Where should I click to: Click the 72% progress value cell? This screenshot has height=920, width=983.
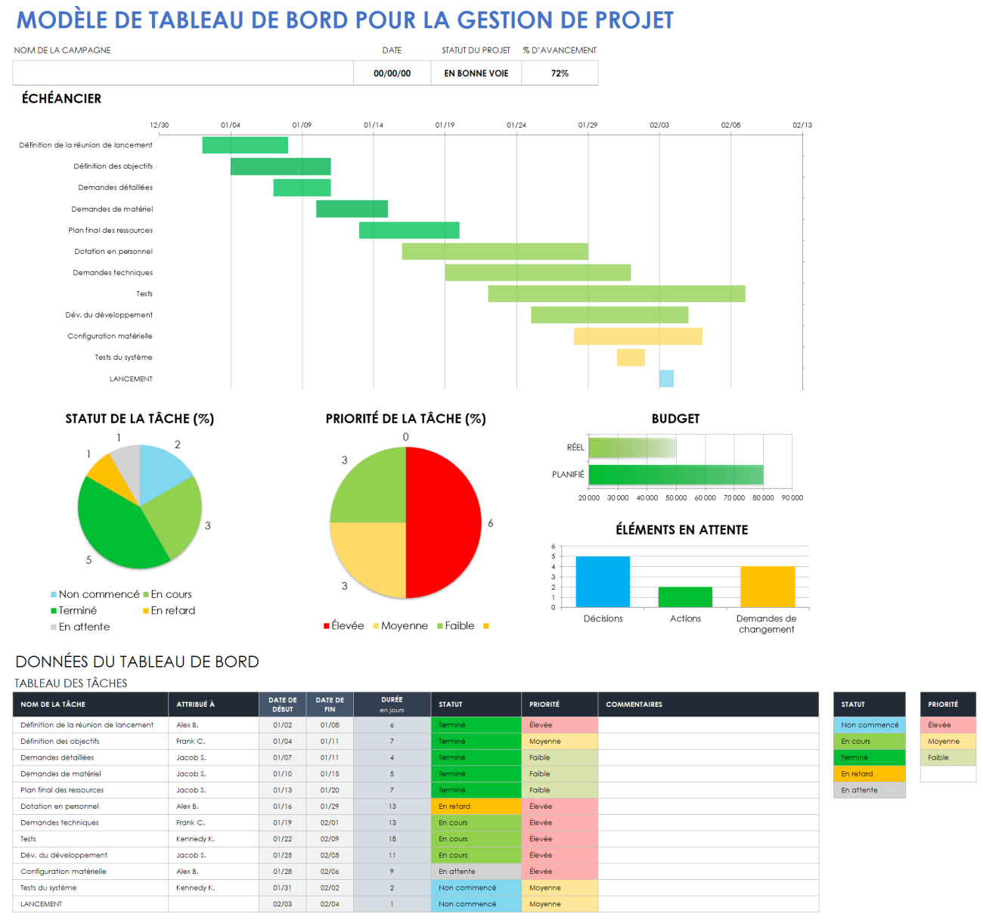(560, 73)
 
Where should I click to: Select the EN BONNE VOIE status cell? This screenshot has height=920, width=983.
(476, 73)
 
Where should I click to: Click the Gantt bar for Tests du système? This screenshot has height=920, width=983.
(631, 358)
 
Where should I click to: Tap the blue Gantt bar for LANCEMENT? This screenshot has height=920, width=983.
(666, 379)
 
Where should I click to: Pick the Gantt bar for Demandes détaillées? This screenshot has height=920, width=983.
(302, 187)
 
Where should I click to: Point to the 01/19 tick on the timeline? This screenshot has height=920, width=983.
(445, 125)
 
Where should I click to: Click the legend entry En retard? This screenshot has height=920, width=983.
(172, 611)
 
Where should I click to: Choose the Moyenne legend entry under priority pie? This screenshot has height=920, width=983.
(404, 626)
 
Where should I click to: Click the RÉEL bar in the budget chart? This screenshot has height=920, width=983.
(632, 448)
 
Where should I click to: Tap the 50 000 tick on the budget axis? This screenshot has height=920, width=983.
(676, 498)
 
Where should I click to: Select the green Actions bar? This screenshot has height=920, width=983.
(685, 596)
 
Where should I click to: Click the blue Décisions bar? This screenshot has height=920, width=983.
(603, 581)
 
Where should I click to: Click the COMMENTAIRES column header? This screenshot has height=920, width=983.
(634, 705)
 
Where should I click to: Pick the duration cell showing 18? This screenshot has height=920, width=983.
(392, 839)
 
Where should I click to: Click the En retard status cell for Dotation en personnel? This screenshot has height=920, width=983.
(476, 807)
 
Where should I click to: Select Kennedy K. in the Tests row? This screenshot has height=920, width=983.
(195, 839)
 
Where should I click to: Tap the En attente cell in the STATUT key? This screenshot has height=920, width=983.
(869, 790)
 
